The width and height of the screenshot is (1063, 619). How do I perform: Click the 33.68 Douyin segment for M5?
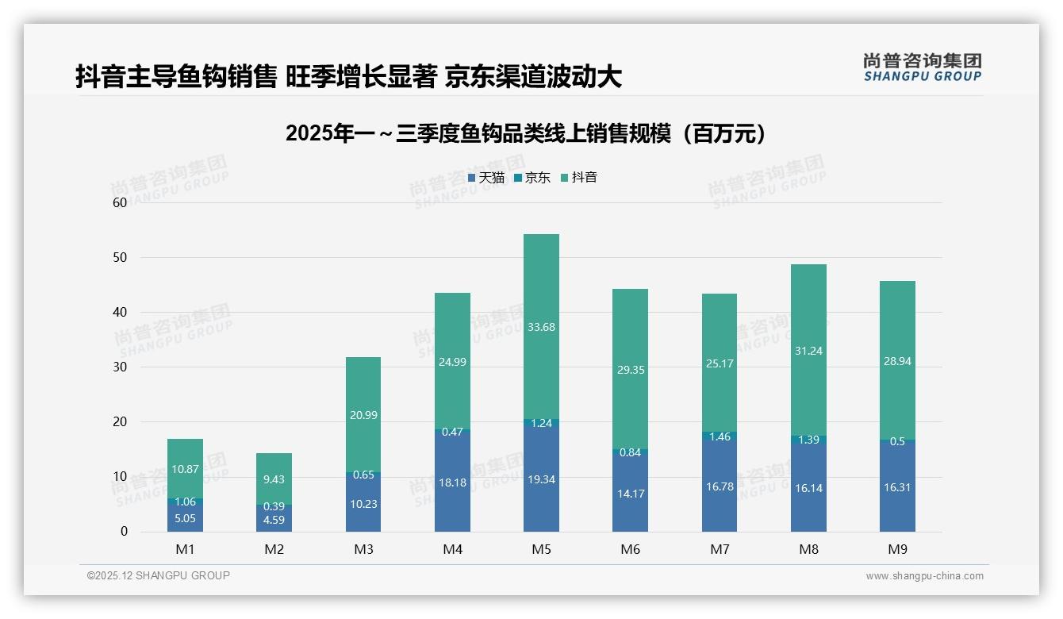[541, 326]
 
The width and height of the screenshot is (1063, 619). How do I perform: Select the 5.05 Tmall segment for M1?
[185, 518]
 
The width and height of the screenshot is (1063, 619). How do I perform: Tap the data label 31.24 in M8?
[808, 351]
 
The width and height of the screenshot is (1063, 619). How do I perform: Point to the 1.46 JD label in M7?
[720, 436]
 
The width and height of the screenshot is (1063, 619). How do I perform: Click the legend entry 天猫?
[485, 178]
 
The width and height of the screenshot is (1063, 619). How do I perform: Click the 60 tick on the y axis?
[120, 202]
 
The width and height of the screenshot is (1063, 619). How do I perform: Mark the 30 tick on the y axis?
[120, 367]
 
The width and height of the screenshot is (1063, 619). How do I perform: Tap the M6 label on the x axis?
[631, 549]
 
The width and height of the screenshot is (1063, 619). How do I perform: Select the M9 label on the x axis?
[897, 549]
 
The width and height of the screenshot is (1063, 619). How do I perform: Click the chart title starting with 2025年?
[527, 133]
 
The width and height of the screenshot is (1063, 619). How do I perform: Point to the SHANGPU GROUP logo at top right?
[922, 67]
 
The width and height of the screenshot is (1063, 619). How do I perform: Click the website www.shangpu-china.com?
[924, 576]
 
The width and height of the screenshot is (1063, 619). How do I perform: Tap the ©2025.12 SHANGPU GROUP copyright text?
[159, 575]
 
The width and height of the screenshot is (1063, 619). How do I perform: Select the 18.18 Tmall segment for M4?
[452, 482]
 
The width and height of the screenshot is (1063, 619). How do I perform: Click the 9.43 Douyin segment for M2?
[274, 479]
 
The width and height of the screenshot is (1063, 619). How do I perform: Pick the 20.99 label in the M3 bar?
[363, 416]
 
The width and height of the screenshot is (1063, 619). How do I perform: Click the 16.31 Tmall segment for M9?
[897, 487]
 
